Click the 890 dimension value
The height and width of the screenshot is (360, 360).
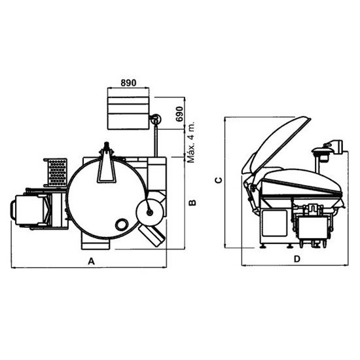tap(128, 82)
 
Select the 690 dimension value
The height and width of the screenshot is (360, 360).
tap(179, 114)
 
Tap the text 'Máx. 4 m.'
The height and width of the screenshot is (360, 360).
tap(191, 142)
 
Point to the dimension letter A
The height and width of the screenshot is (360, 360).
tap(92, 261)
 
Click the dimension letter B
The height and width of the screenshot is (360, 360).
tap(192, 203)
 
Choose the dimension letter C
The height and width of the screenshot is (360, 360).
tap(219, 180)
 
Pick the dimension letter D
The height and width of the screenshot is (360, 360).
tap(297, 259)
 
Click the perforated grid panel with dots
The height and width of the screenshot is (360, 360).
tap(57, 173)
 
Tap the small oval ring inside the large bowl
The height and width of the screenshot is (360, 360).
tap(121, 225)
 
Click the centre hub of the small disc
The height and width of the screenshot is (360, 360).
tap(150, 213)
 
